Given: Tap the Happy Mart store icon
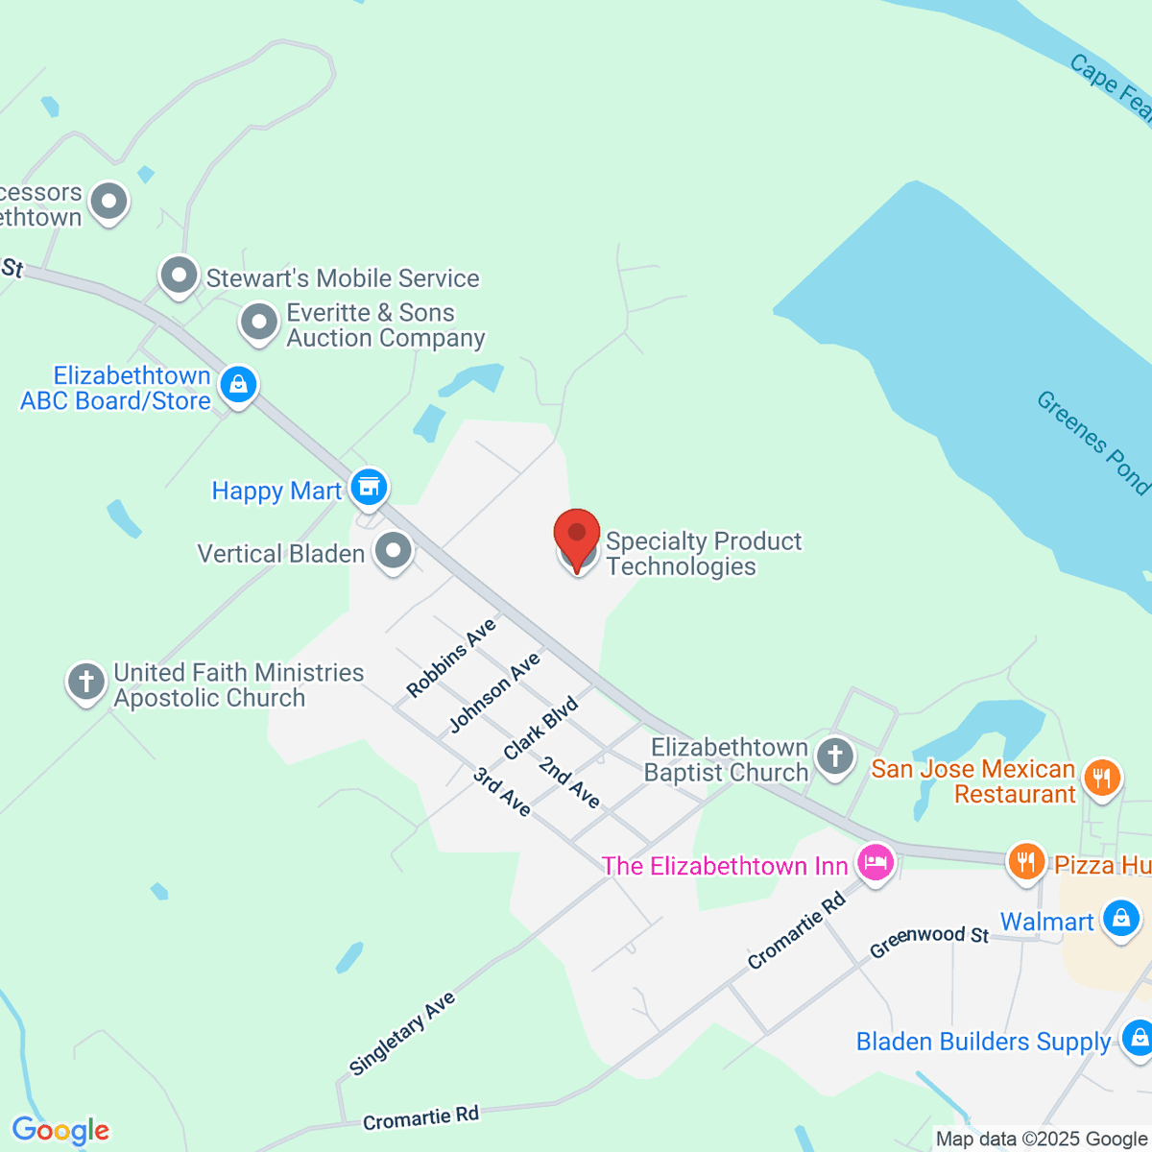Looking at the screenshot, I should click(x=368, y=488).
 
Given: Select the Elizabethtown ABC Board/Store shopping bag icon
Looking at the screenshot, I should click(x=238, y=386).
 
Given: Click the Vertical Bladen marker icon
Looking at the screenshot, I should click(x=393, y=552).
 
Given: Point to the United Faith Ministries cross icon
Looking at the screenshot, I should click(x=85, y=683).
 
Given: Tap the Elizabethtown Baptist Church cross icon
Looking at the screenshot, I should click(x=835, y=756).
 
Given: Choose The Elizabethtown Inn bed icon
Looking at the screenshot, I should click(x=875, y=862).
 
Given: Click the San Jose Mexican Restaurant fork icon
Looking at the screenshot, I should click(x=1101, y=779).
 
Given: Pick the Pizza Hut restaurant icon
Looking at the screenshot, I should click(x=1026, y=861).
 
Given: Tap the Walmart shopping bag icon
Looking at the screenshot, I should click(x=1120, y=919).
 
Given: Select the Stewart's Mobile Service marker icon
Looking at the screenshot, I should click(x=179, y=276).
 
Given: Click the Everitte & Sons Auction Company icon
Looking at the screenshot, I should click(x=258, y=323).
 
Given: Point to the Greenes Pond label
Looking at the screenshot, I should click(x=1092, y=442).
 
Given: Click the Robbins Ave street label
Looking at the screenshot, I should click(x=450, y=658).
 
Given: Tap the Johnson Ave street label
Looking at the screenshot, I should click(x=494, y=692).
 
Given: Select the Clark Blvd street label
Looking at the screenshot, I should click(x=540, y=728).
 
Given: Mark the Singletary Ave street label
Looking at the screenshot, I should click(x=401, y=1033).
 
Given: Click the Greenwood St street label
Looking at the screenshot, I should click(x=928, y=941).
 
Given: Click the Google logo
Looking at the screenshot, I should click(x=60, y=1131).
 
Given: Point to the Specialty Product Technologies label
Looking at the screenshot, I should click(x=703, y=554).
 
